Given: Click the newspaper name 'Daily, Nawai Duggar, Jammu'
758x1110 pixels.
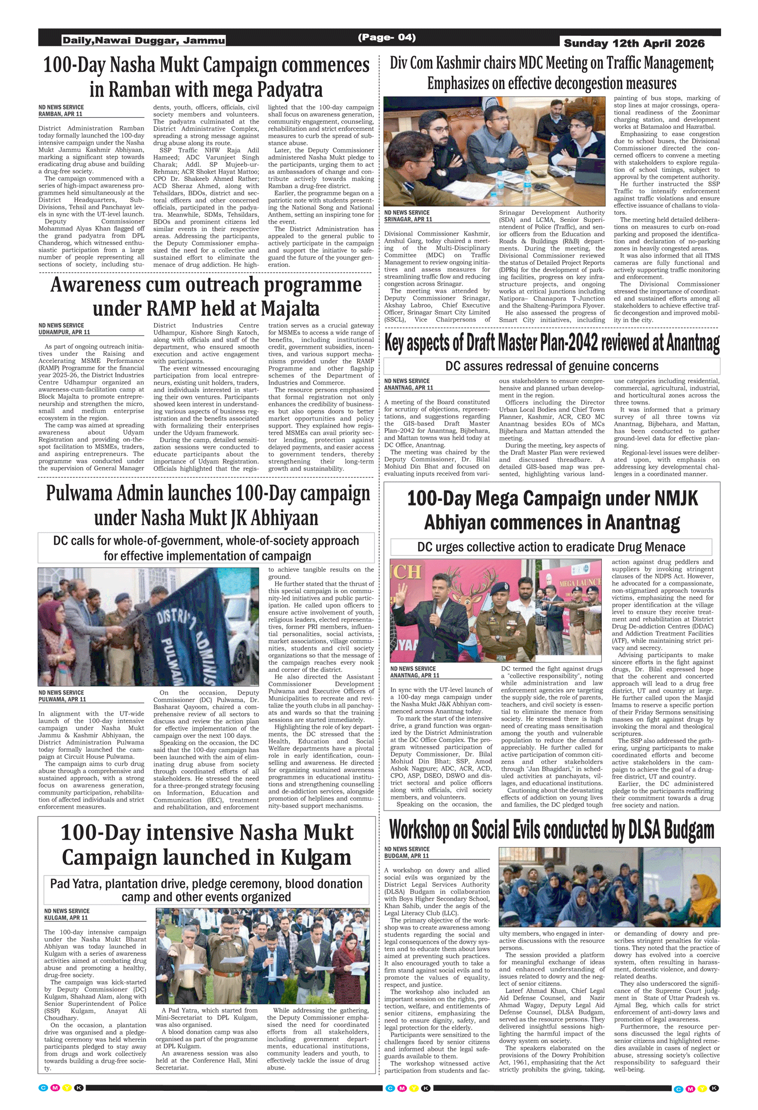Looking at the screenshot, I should (x=144, y=40).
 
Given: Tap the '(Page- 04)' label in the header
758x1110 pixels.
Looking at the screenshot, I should (x=387, y=37).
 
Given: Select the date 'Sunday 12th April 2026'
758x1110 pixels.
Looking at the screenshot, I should (x=634, y=43).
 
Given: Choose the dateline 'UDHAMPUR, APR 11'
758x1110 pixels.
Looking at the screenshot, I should (x=64, y=333).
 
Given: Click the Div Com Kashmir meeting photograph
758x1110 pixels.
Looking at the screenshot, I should (x=494, y=151).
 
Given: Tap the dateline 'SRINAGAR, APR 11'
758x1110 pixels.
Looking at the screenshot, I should (x=408, y=219).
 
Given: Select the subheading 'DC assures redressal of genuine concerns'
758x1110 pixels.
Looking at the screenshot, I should (x=552, y=366).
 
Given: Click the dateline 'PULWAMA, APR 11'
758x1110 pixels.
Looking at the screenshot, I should (x=62, y=700).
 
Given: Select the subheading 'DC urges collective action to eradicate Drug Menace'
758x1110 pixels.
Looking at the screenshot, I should (x=551, y=547).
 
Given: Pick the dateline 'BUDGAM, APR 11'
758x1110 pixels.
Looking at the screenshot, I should (x=406, y=856).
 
